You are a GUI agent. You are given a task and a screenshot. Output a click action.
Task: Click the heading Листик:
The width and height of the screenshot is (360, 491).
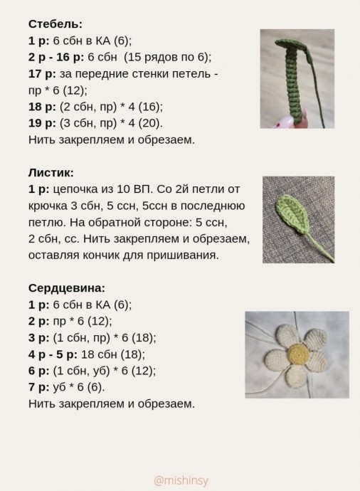tap(51, 172)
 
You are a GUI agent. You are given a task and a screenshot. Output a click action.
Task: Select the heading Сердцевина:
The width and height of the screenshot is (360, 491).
tap(67, 288)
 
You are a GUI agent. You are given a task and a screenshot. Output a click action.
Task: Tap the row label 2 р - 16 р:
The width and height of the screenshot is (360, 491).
tap(60, 57)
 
